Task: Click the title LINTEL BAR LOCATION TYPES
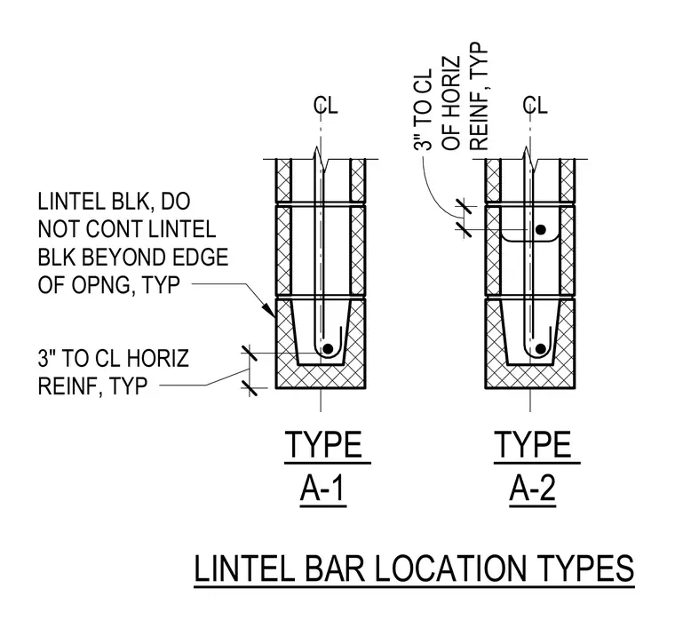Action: point(414,568)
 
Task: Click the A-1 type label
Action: point(323,489)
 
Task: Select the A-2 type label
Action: point(533,489)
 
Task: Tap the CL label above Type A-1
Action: point(326,105)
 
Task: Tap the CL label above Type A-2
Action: point(535,105)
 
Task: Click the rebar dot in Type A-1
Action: point(328,349)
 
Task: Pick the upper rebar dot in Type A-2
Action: point(541,229)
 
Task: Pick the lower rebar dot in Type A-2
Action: point(541,349)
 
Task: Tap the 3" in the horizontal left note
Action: point(47,358)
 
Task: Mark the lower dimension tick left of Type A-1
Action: point(250,388)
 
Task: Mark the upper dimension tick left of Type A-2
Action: point(464,207)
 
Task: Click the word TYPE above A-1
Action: point(323,445)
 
